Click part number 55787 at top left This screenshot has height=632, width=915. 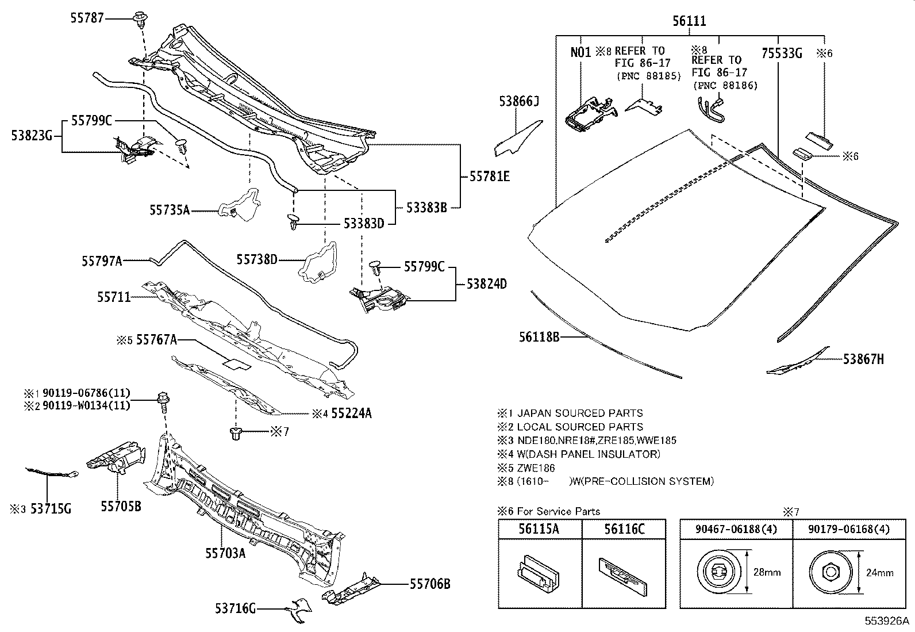pos(87,18)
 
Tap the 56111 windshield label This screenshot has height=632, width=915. pos(689,22)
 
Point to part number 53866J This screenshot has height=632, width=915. pos(518,102)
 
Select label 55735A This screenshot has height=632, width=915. pos(170,211)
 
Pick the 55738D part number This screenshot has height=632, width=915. pos(257,260)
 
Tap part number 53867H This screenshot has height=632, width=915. pos(863,359)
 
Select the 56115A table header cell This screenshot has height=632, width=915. pos(539,529)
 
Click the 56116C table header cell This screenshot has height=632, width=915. pos(624,529)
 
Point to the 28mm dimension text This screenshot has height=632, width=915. pos(766,572)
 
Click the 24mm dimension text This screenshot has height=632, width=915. pos(879,572)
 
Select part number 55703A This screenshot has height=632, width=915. pos(225,553)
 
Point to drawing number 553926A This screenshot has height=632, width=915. pos(887,622)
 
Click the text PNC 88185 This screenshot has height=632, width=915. pos(648,76)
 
